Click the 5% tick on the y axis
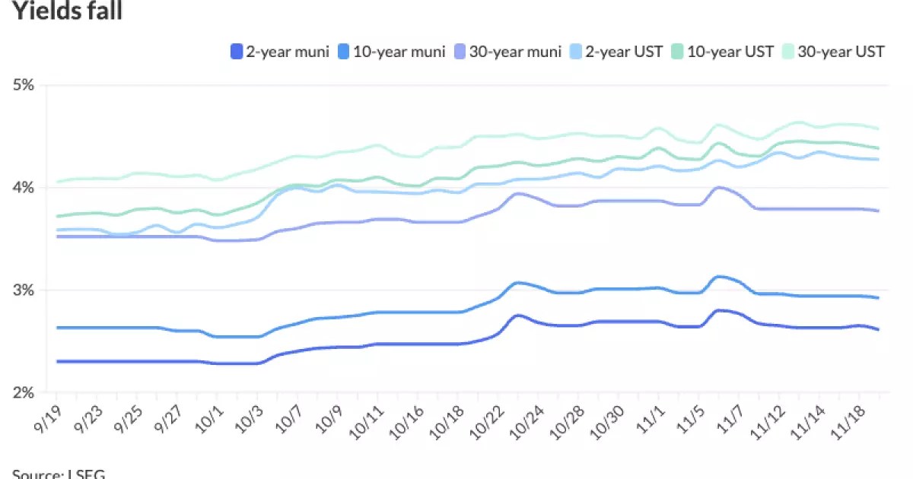(24, 85)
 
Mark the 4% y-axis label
(24, 188)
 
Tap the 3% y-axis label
(24, 290)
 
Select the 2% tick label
(24, 393)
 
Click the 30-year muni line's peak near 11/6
(718, 187)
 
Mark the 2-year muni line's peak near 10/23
(517, 315)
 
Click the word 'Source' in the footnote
(34, 474)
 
